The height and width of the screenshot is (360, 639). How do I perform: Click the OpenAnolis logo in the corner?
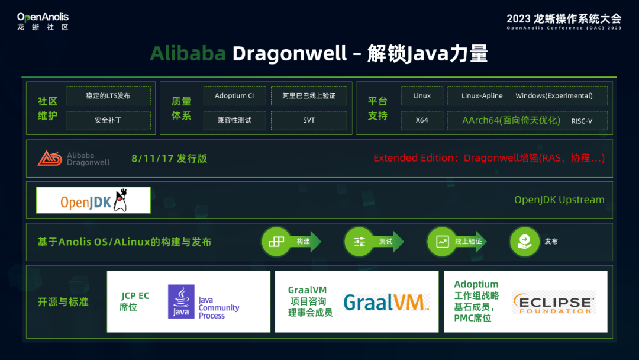[x=43, y=21]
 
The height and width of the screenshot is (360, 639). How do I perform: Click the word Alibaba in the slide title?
[x=188, y=53]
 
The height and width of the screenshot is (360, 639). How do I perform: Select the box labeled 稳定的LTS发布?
[x=108, y=96]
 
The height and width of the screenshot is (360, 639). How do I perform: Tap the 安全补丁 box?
[x=108, y=120]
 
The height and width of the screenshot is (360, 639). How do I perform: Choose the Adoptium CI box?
[x=234, y=96]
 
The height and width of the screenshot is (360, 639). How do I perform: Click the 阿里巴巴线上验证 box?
[x=309, y=96]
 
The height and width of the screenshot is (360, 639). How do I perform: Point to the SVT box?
[x=309, y=120]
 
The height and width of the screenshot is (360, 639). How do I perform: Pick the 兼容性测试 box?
[x=234, y=120]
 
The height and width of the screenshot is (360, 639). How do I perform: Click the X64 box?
[x=422, y=120]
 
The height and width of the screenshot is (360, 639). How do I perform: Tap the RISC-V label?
[x=582, y=121]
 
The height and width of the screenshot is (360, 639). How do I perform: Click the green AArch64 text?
[x=511, y=120]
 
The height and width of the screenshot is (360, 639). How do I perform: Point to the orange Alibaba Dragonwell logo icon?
[x=50, y=158]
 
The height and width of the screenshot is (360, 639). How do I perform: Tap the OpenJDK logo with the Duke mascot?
[x=93, y=200]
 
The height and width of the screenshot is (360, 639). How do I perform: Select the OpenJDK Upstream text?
[x=559, y=200]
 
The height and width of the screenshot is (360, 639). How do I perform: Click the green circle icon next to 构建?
[x=276, y=242]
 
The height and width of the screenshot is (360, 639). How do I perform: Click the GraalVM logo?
[x=386, y=303]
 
